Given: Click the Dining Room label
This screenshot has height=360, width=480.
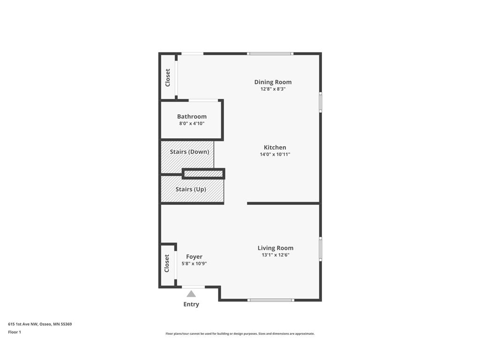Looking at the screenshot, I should point(273,82).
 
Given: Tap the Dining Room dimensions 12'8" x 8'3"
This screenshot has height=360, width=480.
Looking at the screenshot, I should point(273,89).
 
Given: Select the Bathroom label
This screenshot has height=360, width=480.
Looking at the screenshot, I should point(192,117).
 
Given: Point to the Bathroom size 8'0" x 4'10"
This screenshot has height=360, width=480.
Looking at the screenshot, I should point(192,124).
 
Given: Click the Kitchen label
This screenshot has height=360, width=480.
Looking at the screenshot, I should point(275,147).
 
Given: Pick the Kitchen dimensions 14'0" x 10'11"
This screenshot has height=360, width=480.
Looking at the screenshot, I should point(275,154).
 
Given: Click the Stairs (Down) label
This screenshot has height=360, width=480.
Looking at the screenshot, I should point(189,152).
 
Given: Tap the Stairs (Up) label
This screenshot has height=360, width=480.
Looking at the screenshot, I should point(191,189).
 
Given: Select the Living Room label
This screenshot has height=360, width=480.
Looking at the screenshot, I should point(275,248).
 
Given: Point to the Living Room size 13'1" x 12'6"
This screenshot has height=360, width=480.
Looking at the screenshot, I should point(275,255).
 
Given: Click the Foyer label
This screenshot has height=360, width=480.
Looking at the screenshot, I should point(194,256).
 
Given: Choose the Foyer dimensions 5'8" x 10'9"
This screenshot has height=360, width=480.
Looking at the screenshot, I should point(194,263).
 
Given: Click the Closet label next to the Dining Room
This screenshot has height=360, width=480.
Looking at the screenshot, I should point(168,77).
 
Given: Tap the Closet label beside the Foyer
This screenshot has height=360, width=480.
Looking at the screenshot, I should point(167,263).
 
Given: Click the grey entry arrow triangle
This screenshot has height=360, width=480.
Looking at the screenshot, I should point(191,294).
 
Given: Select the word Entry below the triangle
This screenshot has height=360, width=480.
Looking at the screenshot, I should point(191,304).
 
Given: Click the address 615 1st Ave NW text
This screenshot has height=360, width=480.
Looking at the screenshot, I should point(40,324).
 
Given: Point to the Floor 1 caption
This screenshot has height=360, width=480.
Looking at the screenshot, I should point(15,332).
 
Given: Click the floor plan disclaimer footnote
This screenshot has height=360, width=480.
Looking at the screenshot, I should point(240,334).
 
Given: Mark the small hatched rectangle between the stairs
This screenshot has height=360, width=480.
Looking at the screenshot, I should point(203,174).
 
